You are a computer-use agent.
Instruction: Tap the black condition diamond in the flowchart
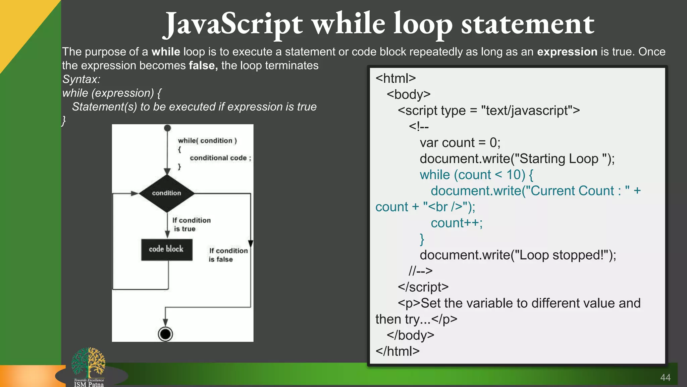pyautogui.click(x=167, y=193)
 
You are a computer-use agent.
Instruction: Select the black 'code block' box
pyautogui.click(x=167, y=250)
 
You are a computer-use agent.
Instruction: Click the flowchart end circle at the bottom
pyautogui.click(x=165, y=334)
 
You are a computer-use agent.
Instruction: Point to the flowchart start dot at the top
pyautogui.click(x=167, y=128)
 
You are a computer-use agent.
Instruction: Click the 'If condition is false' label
pyautogui.click(x=228, y=255)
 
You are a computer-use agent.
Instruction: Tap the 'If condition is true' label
pyautogui.click(x=191, y=224)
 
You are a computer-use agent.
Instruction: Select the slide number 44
pyautogui.click(x=665, y=378)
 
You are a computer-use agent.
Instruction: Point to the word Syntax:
pyautogui.click(x=81, y=79)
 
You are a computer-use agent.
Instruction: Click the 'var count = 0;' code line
pyautogui.click(x=460, y=143)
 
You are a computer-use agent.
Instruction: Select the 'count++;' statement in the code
pyautogui.click(x=457, y=223)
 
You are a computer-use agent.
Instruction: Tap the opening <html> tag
pyautogui.click(x=395, y=78)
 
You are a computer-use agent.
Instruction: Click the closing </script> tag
pyautogui.click(x=423, y=287)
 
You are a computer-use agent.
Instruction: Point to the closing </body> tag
pyautogui.click(x=410, y=335)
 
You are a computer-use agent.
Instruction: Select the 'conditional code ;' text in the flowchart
pyautogui.click(x=220, y=158)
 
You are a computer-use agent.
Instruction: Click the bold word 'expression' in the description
pyautogui.click(x=567, y=52)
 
